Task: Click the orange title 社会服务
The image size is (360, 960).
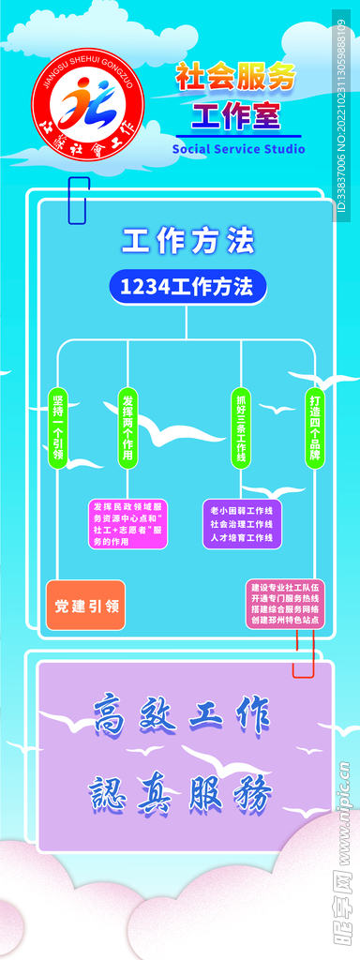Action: coord(235,78)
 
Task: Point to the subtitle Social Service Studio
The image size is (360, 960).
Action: coord(238,149)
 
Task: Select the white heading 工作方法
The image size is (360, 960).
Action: coord(187,242)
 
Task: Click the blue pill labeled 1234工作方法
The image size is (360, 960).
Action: coord(187,287)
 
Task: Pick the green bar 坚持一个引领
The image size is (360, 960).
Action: coord(58,427)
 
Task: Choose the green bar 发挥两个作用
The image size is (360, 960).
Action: coord(127,427)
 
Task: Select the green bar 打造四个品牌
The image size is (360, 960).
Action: coord(314,427)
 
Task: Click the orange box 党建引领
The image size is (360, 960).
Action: coord(85,606)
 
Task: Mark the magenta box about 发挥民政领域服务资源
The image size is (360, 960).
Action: coord(128,523)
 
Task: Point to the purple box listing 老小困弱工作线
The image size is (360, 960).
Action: coord(241,523)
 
